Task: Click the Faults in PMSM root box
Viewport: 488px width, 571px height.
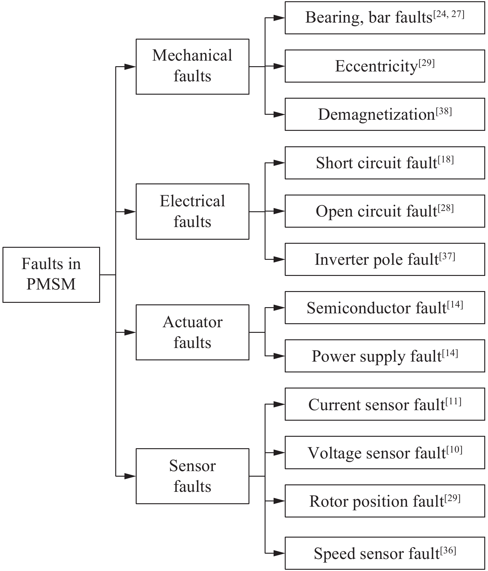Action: (x=51, y=274)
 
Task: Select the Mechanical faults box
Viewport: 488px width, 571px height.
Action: (x=192, y=67)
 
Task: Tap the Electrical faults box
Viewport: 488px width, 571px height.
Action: (x=192, y=212)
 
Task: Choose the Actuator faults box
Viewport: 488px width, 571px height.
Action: (x=192, y=332)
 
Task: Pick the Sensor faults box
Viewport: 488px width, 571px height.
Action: (x=192, y=476)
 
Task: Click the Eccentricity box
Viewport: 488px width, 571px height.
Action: (x=385, y=66)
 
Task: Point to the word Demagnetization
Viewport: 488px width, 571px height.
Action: (x=376, y=115)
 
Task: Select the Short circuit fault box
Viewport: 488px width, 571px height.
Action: (x=385, y=163)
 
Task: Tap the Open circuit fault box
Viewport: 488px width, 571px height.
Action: (x=385, y=211)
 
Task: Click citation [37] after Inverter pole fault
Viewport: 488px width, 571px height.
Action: (x=447, y=256)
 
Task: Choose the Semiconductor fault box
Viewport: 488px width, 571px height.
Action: (x=385, y=307)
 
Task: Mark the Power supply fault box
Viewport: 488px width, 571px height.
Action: (x=385, y=356)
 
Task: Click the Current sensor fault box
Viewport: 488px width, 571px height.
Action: (x=385, y=404)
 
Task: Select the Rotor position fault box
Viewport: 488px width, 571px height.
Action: (x=385, y=501)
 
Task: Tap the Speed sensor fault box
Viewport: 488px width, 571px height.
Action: (x=385, y=553)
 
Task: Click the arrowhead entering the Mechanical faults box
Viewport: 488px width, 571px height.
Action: (x=130, y=67)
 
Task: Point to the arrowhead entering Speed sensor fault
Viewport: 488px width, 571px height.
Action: (x=279, y=553)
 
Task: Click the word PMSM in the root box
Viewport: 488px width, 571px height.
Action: (x=51, y=284)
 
